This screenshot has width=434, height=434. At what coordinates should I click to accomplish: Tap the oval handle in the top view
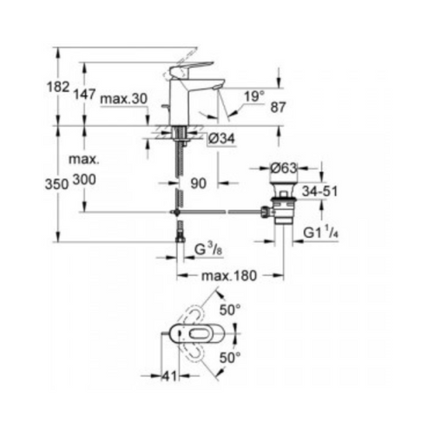pyautogui.click(x=200, y=334)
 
